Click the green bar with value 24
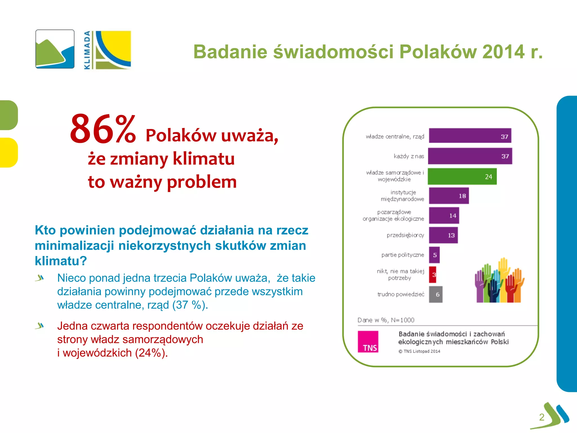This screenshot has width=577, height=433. point(462,176)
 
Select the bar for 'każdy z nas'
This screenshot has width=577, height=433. point(470,156)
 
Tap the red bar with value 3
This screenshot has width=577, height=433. point(433,275)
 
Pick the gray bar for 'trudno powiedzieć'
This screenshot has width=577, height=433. point(436,294)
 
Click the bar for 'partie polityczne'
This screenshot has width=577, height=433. point(434,255)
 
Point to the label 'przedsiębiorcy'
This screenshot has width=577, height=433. point(405,235)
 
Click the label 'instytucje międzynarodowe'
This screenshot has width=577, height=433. point(403,196)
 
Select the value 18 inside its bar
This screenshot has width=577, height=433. point(462,196)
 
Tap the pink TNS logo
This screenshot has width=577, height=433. point(368,342)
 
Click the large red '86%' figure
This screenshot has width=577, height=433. point(103,129)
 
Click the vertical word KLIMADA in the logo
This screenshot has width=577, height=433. point(87,50)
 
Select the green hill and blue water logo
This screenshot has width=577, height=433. point(55,49)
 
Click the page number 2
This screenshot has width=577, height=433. point(542,417)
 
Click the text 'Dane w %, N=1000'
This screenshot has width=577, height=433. point(386,320)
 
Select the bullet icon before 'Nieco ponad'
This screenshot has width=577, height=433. point(40,278)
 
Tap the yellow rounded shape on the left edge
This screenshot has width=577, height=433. point(8,153)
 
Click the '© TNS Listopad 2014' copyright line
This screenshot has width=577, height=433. point(419,351)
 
